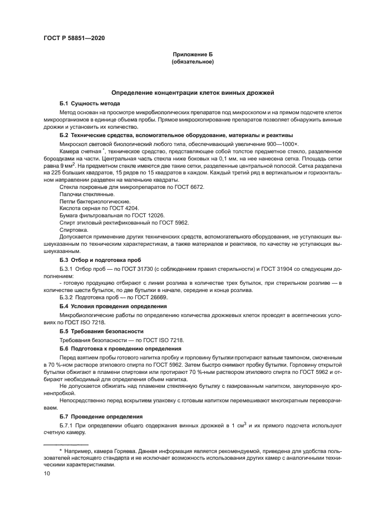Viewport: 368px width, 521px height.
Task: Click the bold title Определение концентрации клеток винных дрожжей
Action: [192, 92]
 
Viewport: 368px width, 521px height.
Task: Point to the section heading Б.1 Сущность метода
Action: [89, 104]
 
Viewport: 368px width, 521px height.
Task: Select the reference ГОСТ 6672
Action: [191, 187]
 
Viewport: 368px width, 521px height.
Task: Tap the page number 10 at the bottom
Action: [47, 473]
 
